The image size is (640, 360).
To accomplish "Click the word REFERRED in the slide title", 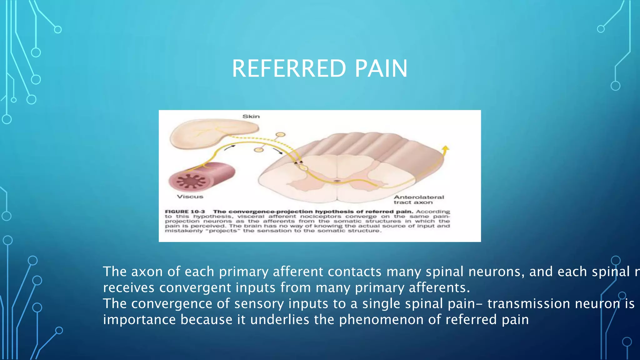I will (289, 69).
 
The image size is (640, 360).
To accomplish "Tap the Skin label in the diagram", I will (251, 117).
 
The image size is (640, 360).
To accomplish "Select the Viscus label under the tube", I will (190, 197).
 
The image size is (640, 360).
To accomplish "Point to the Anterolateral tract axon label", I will (419, 200).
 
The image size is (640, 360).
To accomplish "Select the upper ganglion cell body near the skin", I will (281, 135).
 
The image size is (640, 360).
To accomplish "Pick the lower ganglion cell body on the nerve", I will (259, 150).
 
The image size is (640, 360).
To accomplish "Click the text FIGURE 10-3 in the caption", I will (185, 212).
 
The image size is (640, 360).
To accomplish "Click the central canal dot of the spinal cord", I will (337, 181).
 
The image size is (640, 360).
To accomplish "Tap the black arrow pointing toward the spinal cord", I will (278, 152).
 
